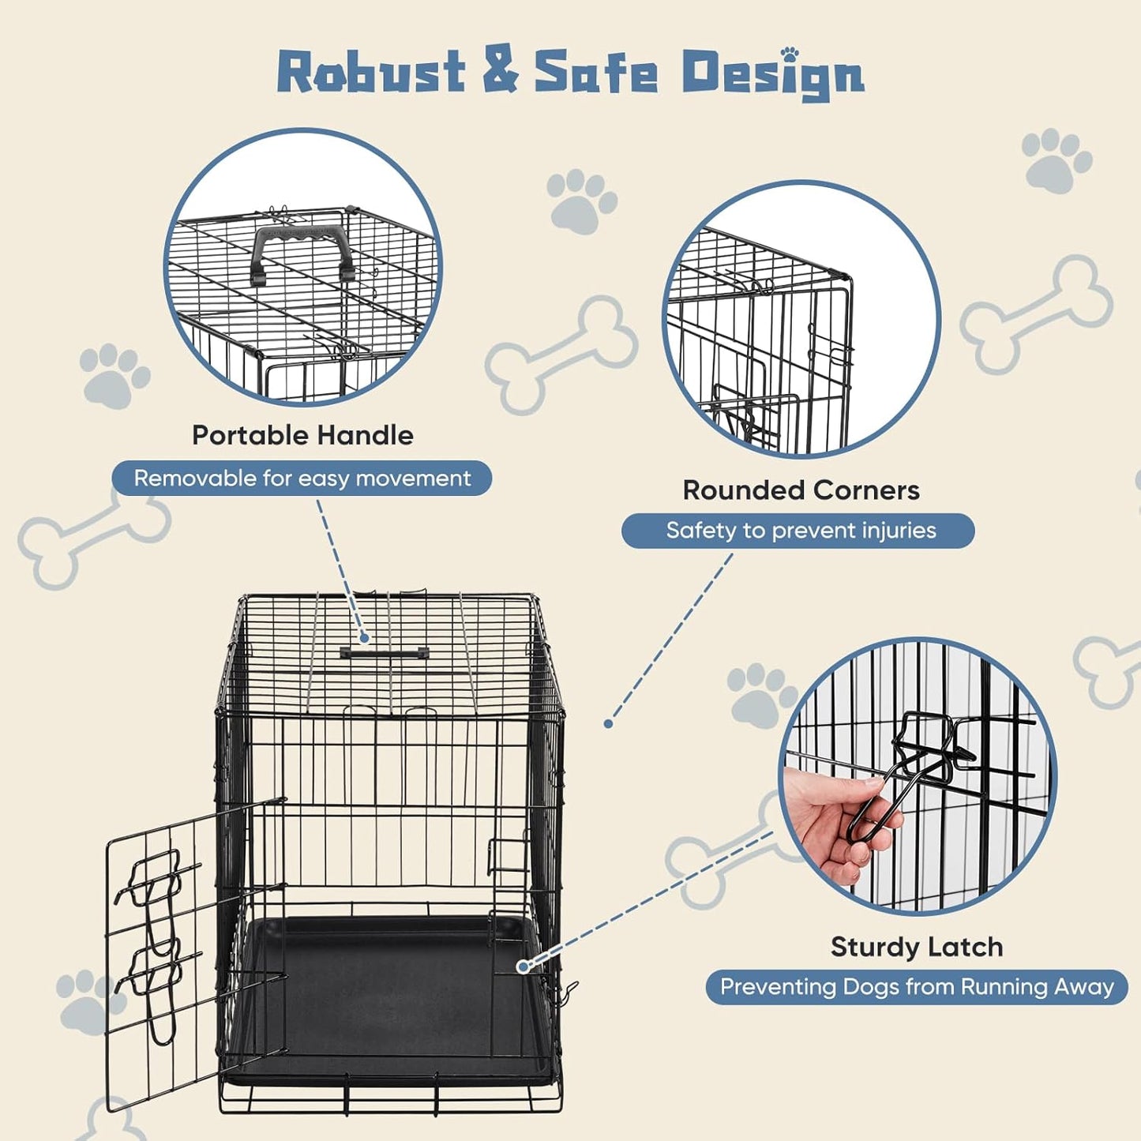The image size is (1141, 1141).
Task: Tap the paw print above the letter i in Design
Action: [789, 54]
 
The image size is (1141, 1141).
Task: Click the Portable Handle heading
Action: [302, 435]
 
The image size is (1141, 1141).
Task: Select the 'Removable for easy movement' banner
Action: [302, 479]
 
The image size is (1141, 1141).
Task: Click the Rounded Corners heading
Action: [801, 490]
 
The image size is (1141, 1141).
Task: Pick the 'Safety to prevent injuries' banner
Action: [798, 531]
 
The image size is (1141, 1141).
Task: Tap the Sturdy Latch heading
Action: [916, 947]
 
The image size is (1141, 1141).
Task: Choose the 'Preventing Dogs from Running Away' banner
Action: [916, 987]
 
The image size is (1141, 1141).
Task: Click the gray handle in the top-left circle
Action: [300, 253]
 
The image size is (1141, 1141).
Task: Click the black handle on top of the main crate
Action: [385, 653]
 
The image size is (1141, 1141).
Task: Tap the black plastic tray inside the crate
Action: [387, 995]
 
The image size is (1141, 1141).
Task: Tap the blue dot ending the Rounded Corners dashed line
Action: [608, 723]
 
